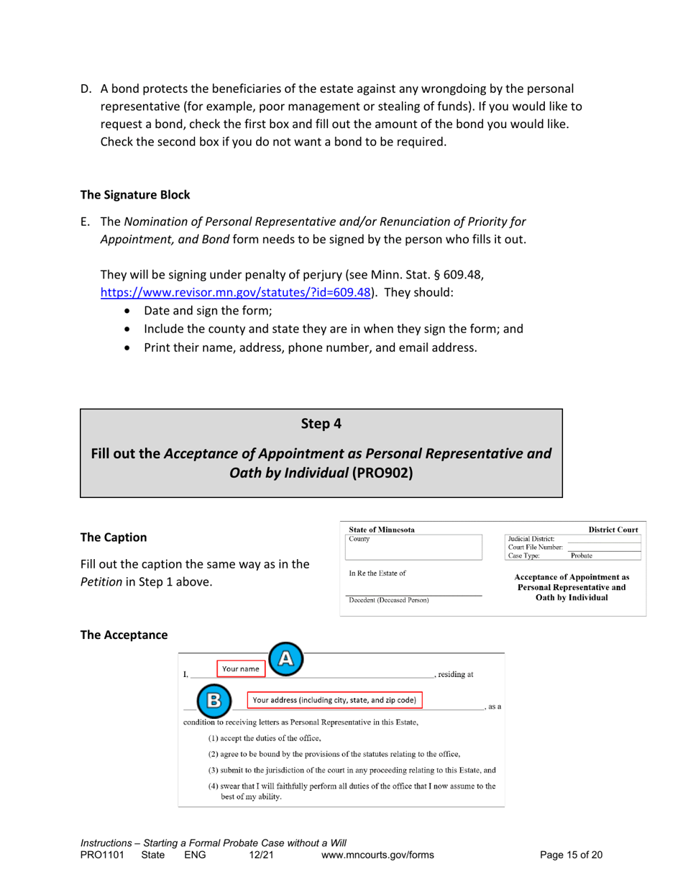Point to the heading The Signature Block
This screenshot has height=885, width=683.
(x=135, y=194)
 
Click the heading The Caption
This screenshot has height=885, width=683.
(x=113, y=537)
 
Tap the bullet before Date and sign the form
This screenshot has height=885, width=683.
(x=128, y=312)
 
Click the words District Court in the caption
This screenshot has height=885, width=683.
(x=613, y=530)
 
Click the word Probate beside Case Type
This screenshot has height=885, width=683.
(x=582, y=555)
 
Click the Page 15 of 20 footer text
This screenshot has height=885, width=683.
(x=571, y=855)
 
